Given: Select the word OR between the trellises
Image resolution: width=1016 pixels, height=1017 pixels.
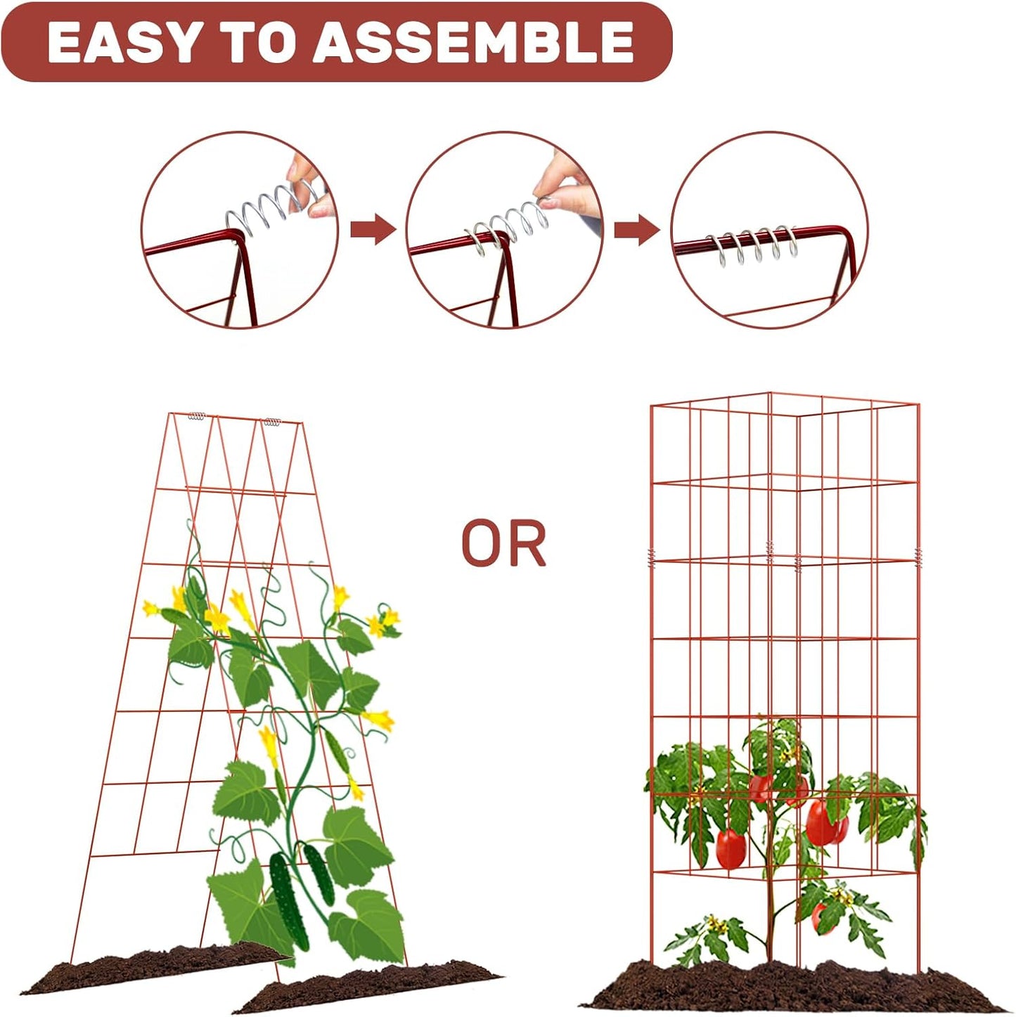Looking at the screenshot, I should coord(503,543).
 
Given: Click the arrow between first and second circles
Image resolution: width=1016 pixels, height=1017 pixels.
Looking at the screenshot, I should coord(373,230).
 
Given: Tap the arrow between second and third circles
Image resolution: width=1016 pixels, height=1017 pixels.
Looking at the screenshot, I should coord(636,230).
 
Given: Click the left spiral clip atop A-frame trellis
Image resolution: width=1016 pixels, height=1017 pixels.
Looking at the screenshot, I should coord(197,416).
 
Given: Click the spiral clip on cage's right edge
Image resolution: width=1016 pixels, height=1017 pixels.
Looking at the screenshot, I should coord(918,560).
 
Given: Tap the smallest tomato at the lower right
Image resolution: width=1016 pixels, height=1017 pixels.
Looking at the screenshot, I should coord(819,918).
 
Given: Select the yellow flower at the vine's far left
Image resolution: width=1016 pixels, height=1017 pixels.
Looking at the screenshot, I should coord(151,608).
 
